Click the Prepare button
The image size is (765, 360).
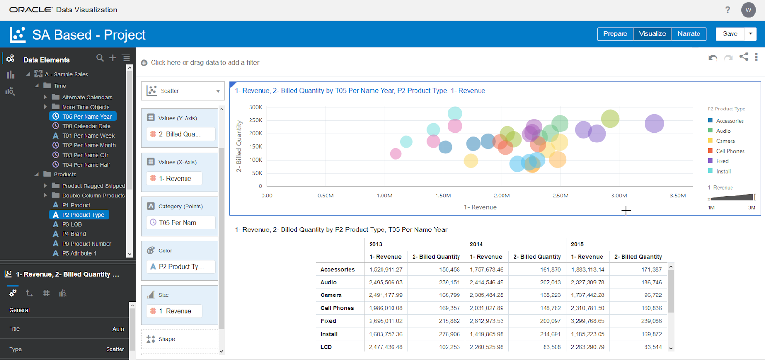(615, 34)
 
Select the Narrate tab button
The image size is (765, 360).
(688, 34)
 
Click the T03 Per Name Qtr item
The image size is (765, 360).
(85, 155)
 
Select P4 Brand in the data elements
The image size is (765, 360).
(74, 234)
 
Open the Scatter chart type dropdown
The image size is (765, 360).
(183, 91)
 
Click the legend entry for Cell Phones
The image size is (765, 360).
(730, 151)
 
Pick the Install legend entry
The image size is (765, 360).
(723, 171)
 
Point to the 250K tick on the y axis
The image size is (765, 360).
(255, 120)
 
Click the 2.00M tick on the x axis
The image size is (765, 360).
(502, 196)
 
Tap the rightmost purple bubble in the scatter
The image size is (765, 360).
(654, 124)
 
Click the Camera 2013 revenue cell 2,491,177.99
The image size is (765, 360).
(385, 295)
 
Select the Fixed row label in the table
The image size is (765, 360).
(328, 321)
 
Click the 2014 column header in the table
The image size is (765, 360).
(476, 244)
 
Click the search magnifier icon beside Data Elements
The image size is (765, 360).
(99, 58)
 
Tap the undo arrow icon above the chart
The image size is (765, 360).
(712, 57)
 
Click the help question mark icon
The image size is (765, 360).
(727, 10)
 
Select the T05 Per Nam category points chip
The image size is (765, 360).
(180, 223)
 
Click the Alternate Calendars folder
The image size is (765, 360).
(87, 98)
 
